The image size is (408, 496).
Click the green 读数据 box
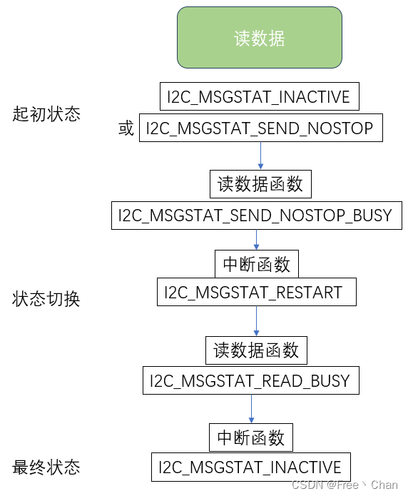coord(260,38)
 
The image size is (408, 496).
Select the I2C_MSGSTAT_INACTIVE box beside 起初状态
coord(259,96)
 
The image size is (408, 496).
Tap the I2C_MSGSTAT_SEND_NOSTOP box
coord(260,128)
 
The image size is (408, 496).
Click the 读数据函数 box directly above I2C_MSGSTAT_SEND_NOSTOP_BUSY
coord(260,184)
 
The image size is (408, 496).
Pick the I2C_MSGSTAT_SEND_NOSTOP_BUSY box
coord(256,215)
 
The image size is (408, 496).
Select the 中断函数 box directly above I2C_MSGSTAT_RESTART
coord(257,264)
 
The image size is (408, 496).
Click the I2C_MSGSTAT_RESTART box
coord(256,292)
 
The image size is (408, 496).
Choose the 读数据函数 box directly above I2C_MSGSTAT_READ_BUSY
coord(256,350)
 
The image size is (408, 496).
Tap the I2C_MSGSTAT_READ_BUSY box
coord(250,380)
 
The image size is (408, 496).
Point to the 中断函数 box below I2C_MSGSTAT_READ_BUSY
coord(250,437)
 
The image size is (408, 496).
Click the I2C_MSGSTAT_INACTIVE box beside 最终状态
coord(250,467)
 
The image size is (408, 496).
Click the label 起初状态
coord(46,114)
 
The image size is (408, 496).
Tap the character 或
coord(126,129)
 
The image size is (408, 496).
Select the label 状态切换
coord(46,298)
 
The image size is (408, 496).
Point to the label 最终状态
coord(46,467)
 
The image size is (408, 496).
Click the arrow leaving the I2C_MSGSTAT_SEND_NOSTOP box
coord(260,156)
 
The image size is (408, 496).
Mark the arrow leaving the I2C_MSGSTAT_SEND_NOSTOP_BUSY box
coord(256,239)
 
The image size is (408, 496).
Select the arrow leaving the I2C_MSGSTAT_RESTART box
coord(256,320)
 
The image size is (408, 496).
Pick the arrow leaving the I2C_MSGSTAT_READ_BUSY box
coord(250,408)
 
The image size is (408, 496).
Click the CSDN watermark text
coord(350,485)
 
